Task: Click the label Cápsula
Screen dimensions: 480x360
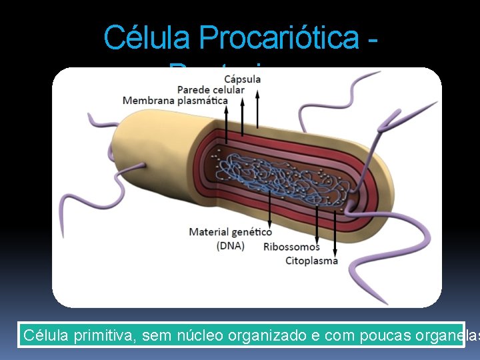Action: coord(242,79)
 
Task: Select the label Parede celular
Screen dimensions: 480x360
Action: coord(211,90)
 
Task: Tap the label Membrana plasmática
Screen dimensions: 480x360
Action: coord(175,101)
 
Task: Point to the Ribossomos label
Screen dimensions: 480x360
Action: coord(291,247)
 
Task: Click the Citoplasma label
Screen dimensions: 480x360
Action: coord(311,260)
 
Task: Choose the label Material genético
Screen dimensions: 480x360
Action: coord(230,232)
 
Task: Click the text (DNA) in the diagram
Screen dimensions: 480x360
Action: coord(230,245)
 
